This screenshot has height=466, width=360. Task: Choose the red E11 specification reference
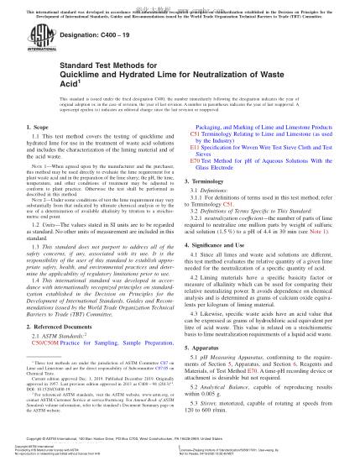193,148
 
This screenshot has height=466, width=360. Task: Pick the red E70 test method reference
193,162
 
